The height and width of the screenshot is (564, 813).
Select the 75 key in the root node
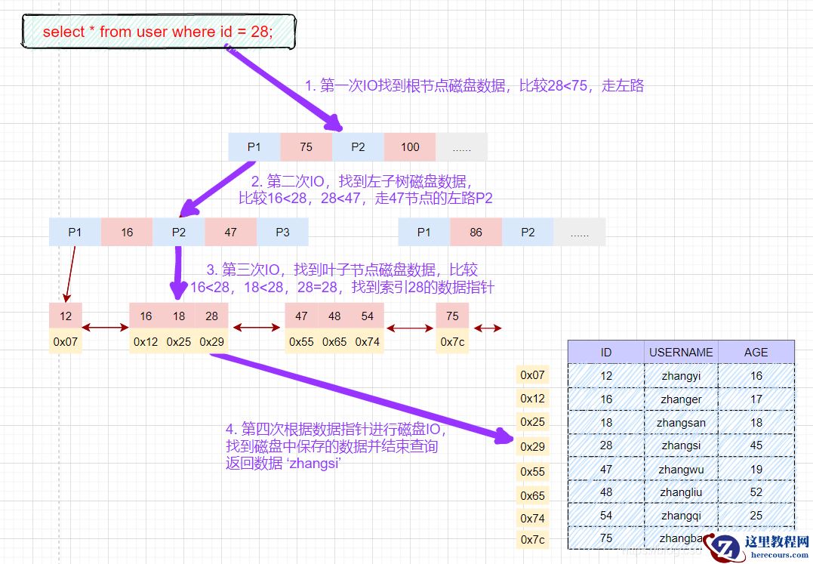point(306,147)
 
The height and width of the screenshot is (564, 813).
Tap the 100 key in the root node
point(410,147)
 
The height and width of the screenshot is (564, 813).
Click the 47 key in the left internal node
point(230,233)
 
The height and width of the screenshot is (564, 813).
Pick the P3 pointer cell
point(282,233)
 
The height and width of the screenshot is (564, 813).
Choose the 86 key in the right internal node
point(476,233)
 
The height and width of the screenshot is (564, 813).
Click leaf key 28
point(212,316)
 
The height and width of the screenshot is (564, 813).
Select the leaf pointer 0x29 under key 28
point(212,341)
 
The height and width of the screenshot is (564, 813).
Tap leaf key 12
point(66,316)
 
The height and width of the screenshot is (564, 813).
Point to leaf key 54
point(368,316)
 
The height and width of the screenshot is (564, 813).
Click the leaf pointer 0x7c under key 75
point(452,341)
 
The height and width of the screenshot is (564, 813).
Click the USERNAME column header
point(681,352)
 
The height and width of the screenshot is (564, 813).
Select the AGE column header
point(756,352)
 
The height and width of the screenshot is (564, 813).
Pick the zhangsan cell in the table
point(681,422)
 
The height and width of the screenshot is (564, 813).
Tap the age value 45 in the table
point(756,445)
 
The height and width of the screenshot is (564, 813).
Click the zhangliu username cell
point(681,492)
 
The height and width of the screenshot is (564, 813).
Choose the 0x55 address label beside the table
point(532,471)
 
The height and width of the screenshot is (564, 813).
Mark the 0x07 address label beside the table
point(532,374)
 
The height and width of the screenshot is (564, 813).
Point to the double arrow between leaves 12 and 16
point(106,328)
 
